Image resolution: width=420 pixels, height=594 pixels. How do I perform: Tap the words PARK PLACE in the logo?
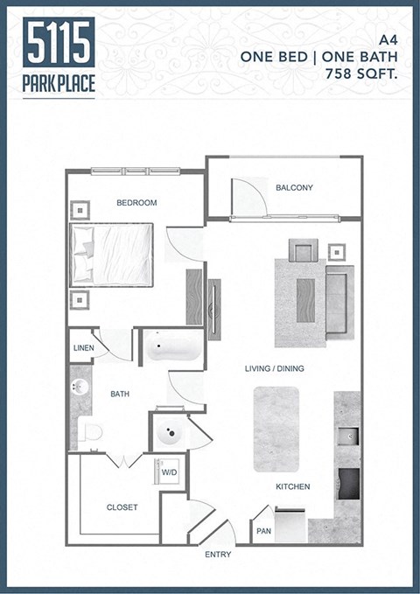coord(59,86)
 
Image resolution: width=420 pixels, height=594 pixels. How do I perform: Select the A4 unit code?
coord(388,39)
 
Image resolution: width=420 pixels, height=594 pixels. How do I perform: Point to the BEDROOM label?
coord(136,202)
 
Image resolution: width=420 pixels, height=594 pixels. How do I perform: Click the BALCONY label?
coord(294,187)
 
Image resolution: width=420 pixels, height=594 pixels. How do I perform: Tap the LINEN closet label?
coord(83,347)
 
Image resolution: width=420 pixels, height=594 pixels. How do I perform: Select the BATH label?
coord(120,395)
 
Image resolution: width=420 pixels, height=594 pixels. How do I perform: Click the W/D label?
coord(169,473)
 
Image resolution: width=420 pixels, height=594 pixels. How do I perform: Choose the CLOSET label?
coord(122,507)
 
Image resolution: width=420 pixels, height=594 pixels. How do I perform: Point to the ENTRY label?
coord(217,555)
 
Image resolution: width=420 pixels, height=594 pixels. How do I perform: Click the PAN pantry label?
coord(263,531)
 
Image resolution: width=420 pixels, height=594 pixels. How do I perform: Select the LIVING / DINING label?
coord(274,368)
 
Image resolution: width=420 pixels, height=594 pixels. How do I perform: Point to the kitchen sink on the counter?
coord(347,435)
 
